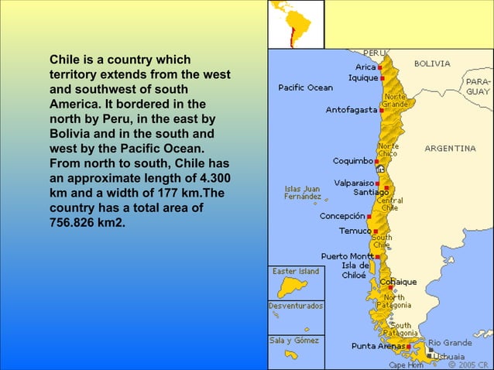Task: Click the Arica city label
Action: (x=365, y=67)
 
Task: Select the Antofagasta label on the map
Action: (x=351, y=110)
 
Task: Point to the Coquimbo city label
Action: (x=352, y=161)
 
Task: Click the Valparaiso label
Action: (x=356, y=183)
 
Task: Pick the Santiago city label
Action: (x=371, y=191)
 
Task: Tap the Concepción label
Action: (x=342, y=216)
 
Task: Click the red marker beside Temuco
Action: (x=376, y=231)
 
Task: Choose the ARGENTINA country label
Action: (x=450, y=148)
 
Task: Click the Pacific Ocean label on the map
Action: (x=306, y=87)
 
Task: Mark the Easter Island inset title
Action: (x=296, y=272)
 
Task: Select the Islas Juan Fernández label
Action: (x=303, y=193)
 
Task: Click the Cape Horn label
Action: (x=407, y=365)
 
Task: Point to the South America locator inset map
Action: (x=296, y=24)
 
